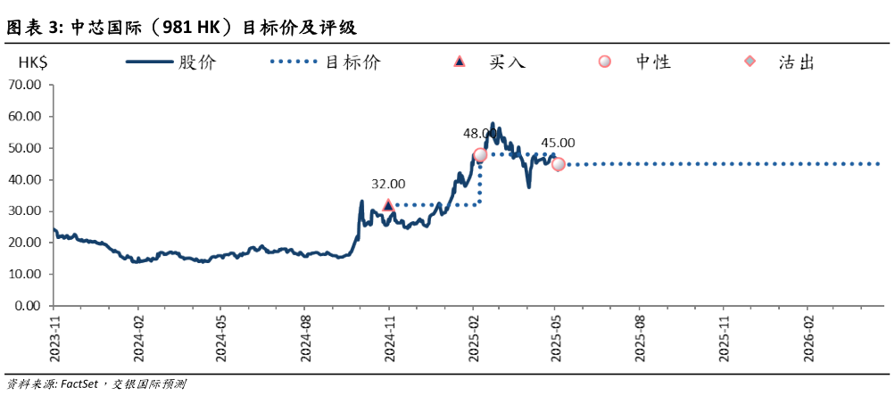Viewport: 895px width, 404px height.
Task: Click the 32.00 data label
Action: coord(388,184)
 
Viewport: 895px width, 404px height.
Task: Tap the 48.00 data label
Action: coord(479,133)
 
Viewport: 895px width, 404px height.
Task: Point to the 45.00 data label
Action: coord(558,142)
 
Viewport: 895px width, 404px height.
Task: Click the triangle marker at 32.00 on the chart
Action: coord(388,205)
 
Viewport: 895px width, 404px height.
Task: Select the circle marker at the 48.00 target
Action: coord(480,155)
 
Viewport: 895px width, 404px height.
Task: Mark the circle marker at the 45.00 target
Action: coord(558,164)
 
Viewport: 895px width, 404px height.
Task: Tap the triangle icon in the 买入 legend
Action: coord(460,62)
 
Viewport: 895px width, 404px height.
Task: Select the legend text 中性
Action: coord(652,62)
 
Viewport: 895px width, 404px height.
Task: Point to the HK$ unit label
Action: coord(35,62)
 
